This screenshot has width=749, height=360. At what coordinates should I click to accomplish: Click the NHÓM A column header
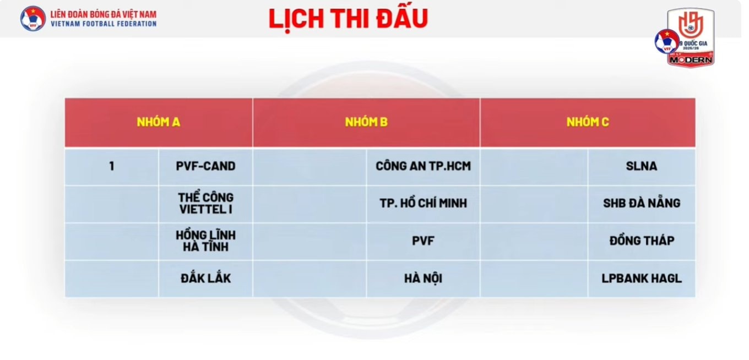[x=159, y=122]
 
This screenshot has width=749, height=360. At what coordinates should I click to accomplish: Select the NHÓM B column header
[x=366, y=122]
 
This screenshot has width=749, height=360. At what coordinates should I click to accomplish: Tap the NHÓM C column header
[x=588, y=122]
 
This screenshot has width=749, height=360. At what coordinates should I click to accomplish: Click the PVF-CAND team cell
[x=205, y=166]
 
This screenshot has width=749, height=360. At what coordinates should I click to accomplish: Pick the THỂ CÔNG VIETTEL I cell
[x=205, y=203]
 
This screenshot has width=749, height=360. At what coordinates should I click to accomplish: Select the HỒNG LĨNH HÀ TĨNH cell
[x=205, y=241]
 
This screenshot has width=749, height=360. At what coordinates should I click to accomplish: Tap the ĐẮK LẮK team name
[x=205, y=279]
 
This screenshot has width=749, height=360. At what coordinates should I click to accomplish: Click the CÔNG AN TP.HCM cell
[x=424, y=166]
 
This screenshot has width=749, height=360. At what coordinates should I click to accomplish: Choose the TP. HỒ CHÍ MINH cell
[x=424, y=203]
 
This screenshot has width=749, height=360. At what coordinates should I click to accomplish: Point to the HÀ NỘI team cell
[x=424, y=279]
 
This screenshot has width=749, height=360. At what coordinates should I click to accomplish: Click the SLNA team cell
[x=642, y=166]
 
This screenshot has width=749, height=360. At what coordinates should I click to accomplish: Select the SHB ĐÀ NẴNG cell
[x=642, y=203]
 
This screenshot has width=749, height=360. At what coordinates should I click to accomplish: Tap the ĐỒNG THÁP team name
[x=642, y=241]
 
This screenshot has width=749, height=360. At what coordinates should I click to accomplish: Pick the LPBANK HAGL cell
[x=642, y=279]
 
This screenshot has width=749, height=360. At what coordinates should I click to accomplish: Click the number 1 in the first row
[x=112, y=166]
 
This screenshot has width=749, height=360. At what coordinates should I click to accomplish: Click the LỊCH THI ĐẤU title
[x=349, y=19]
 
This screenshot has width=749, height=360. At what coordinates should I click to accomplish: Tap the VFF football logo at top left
[x=33, y=18]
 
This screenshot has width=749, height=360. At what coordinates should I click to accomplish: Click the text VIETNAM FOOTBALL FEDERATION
[x=104, y=24]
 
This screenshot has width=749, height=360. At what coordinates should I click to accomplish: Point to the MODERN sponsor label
[x=691, y=60]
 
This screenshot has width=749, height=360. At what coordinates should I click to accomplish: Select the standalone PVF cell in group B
[x=424, y=241]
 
